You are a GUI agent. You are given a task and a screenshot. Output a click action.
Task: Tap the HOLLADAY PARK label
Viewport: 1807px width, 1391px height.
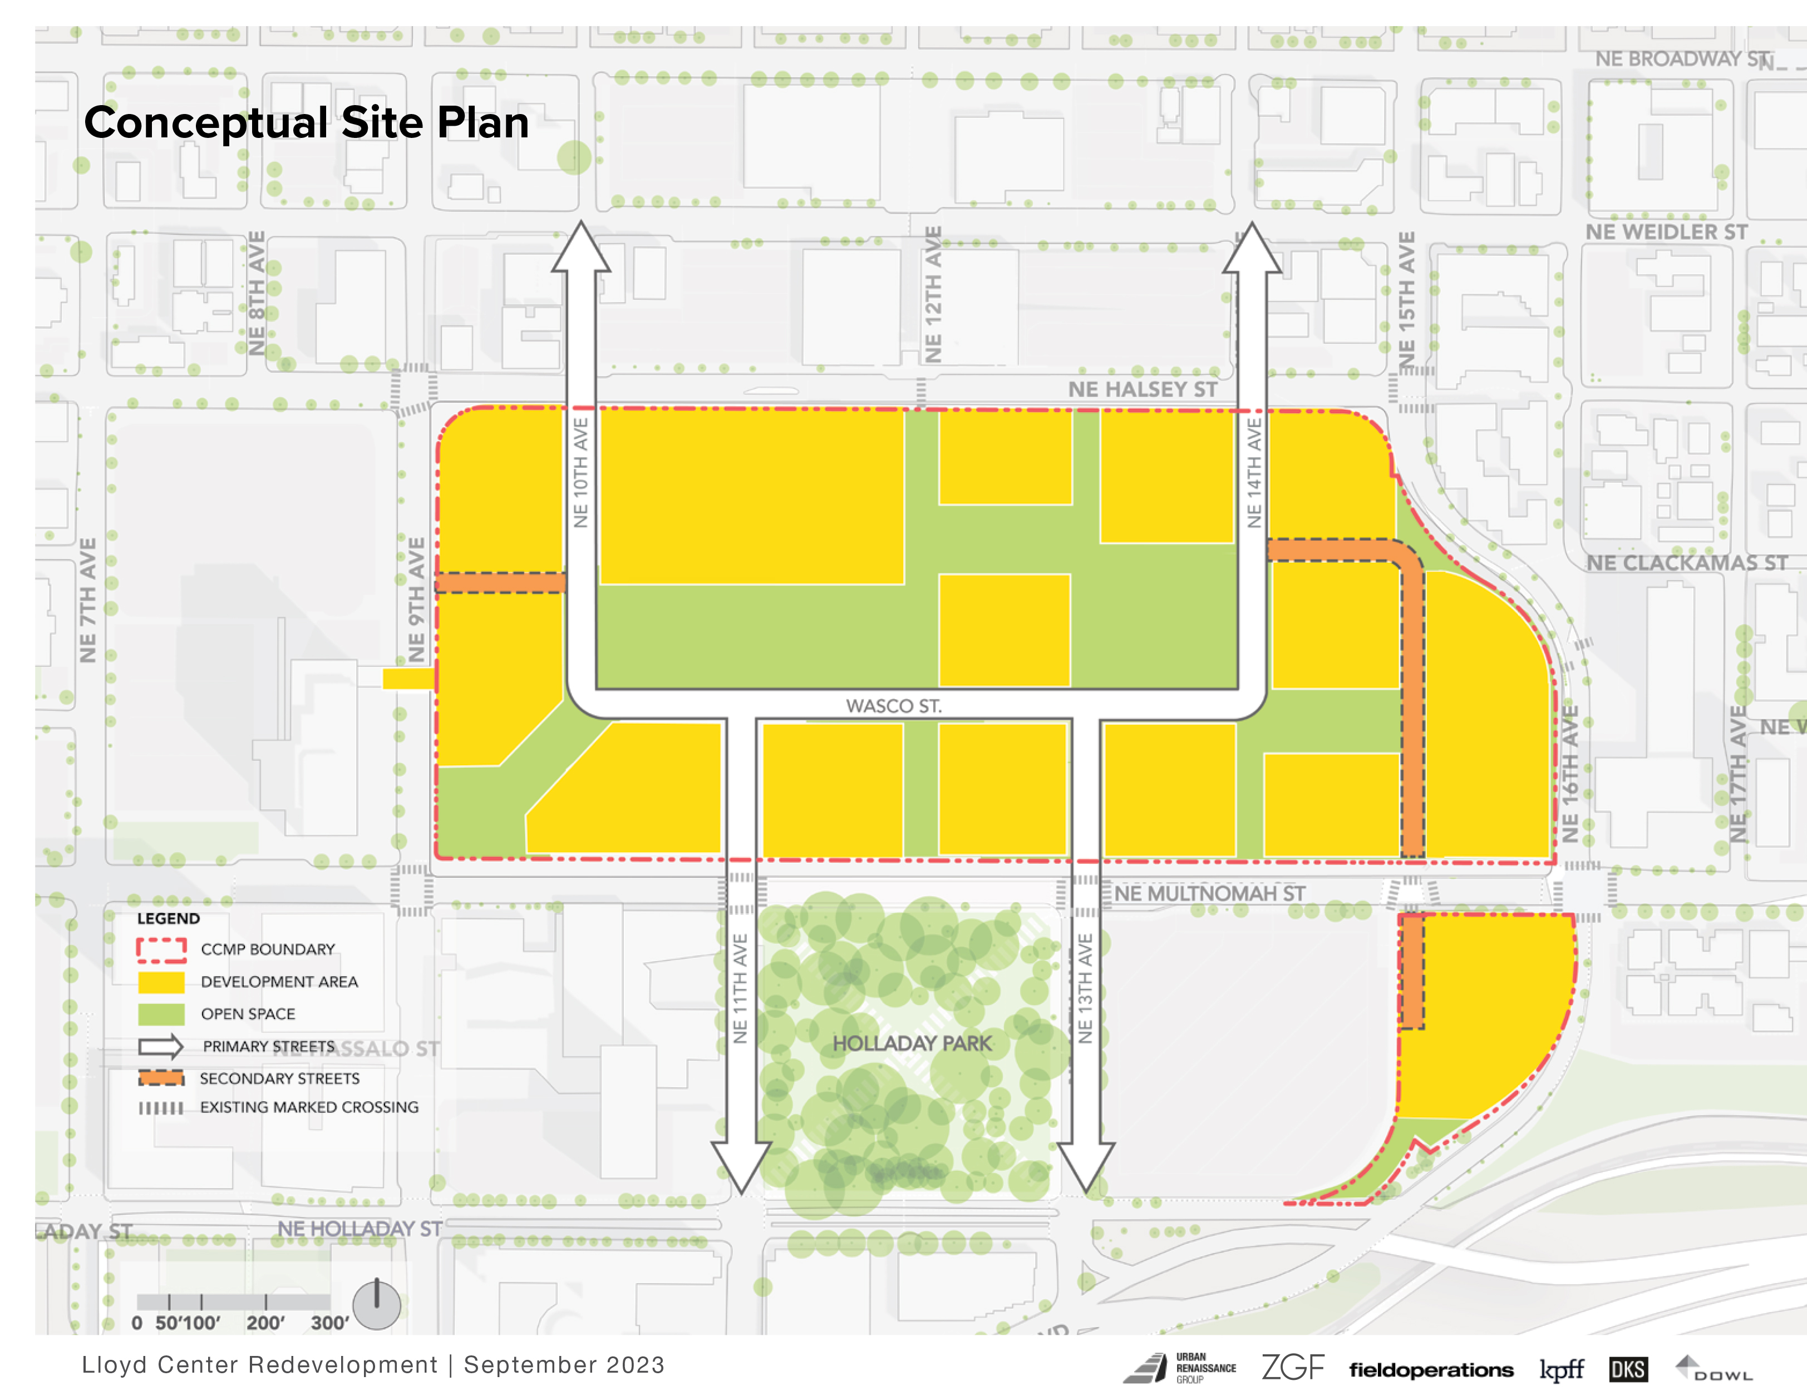point(911,1043)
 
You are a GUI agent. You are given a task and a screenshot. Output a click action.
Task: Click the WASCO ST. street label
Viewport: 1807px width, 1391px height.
point(894,705)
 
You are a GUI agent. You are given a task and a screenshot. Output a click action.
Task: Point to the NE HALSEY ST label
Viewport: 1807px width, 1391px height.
point(1142,389)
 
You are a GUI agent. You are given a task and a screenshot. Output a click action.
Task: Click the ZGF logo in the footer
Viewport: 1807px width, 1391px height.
point(1292,1368)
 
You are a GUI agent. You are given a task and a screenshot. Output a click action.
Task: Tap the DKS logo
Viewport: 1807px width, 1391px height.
point(1627,1369)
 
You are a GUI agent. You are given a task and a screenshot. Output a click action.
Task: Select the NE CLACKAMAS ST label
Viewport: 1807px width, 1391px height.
point(1686,563)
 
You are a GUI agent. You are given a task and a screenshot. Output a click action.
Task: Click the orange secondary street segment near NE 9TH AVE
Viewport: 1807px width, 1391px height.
point(500,582)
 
